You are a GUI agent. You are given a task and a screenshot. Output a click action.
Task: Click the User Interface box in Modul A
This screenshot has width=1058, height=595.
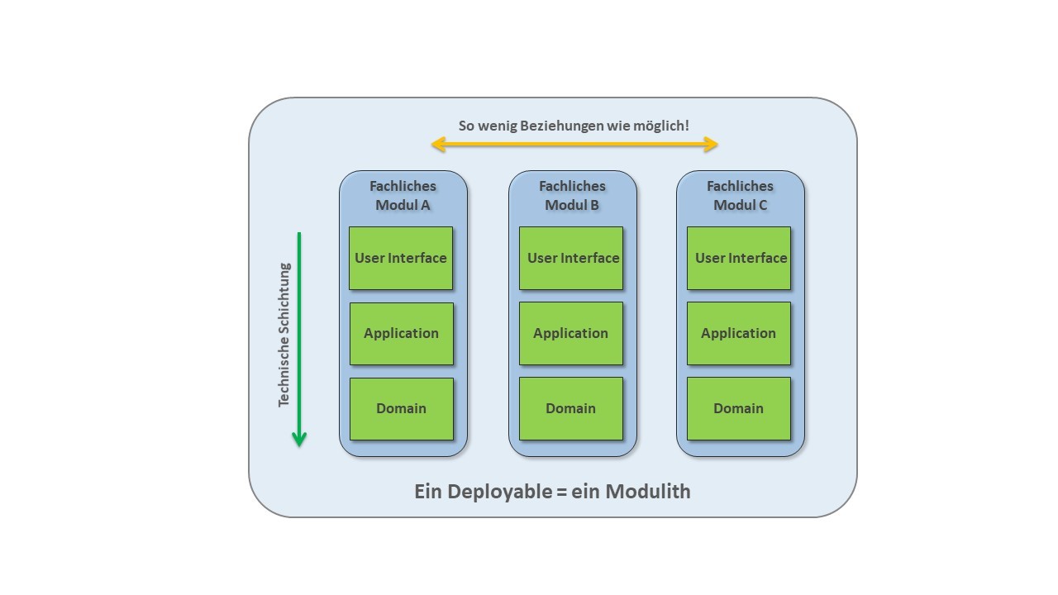pyautogui.click(x=401, y=258)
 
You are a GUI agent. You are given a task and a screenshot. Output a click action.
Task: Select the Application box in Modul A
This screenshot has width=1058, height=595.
pyautogui.click(x=401, y=334)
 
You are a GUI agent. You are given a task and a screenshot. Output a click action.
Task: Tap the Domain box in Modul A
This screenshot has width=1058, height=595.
pyautogui.click(x=401, y=408)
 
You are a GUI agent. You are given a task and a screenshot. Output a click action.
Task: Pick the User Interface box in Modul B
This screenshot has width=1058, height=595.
pyautogui.click(x=571, y=258)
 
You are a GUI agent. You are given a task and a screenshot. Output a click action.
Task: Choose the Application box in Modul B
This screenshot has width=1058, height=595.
pyautogui.click(x=571, y=333)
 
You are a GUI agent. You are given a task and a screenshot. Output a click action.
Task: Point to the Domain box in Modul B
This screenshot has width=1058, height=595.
pyautogui.click(x=571, y=408)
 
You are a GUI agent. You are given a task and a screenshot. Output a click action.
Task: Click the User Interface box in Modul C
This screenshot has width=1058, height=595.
pyautogui.click(x=739, y=258)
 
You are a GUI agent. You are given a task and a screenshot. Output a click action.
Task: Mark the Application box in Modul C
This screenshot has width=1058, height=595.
pyautogui.click(x=739, y=333)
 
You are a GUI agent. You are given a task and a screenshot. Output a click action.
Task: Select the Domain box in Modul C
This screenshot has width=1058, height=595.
pyautogui.click(x=739, y=408)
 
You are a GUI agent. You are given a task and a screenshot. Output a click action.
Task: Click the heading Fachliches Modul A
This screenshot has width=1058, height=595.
pyautogui.click(x=403, y=195)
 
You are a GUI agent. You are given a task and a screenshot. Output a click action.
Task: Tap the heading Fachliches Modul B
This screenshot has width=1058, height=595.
pyautogui.click(x=572, y=195)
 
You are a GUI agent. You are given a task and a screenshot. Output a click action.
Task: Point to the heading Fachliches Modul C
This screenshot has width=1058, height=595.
pyautogui.click(x=740, y=195)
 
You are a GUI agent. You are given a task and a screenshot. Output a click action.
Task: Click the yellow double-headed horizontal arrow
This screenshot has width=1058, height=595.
pyautogui.click(x=574, y=145)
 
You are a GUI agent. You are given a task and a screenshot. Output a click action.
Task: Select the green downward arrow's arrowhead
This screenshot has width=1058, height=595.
pyautogui.click(x=299, y=439)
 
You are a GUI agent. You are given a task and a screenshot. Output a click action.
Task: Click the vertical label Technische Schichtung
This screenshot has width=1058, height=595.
pyautogui.click(x=284, y=335)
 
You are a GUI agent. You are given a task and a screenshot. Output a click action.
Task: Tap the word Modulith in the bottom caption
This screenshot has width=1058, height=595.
pyautogui.click(x=648, y=491)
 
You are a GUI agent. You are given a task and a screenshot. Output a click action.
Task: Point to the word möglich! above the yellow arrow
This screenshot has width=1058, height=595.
pyautogui.click(x=660, y=126)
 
